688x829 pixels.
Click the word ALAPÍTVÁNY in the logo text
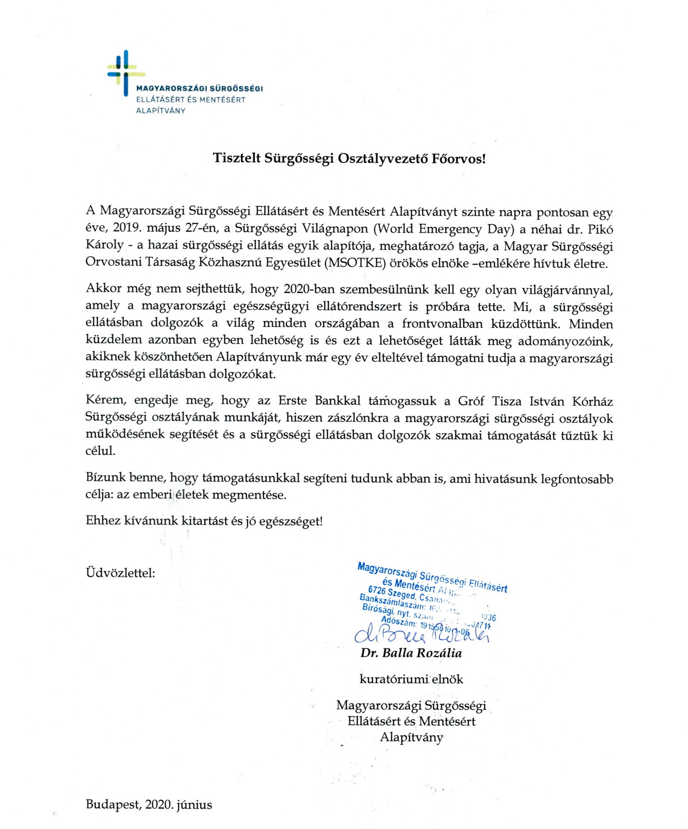pyautogui.click(x=161, y=110)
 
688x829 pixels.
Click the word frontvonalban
pyautogui.click(x=443, y=324)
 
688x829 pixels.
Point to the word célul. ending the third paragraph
pyautogui.click(x=100, y=451)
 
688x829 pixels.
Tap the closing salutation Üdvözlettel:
pyautogui.click(x=120, y=573)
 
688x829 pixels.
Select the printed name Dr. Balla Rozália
pyautogui.click(x=411, y=653)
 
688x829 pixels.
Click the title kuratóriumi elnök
pyautogui.click(x=411, y=679)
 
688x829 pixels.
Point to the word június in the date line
pyautogui.click(x=195, y=805)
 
